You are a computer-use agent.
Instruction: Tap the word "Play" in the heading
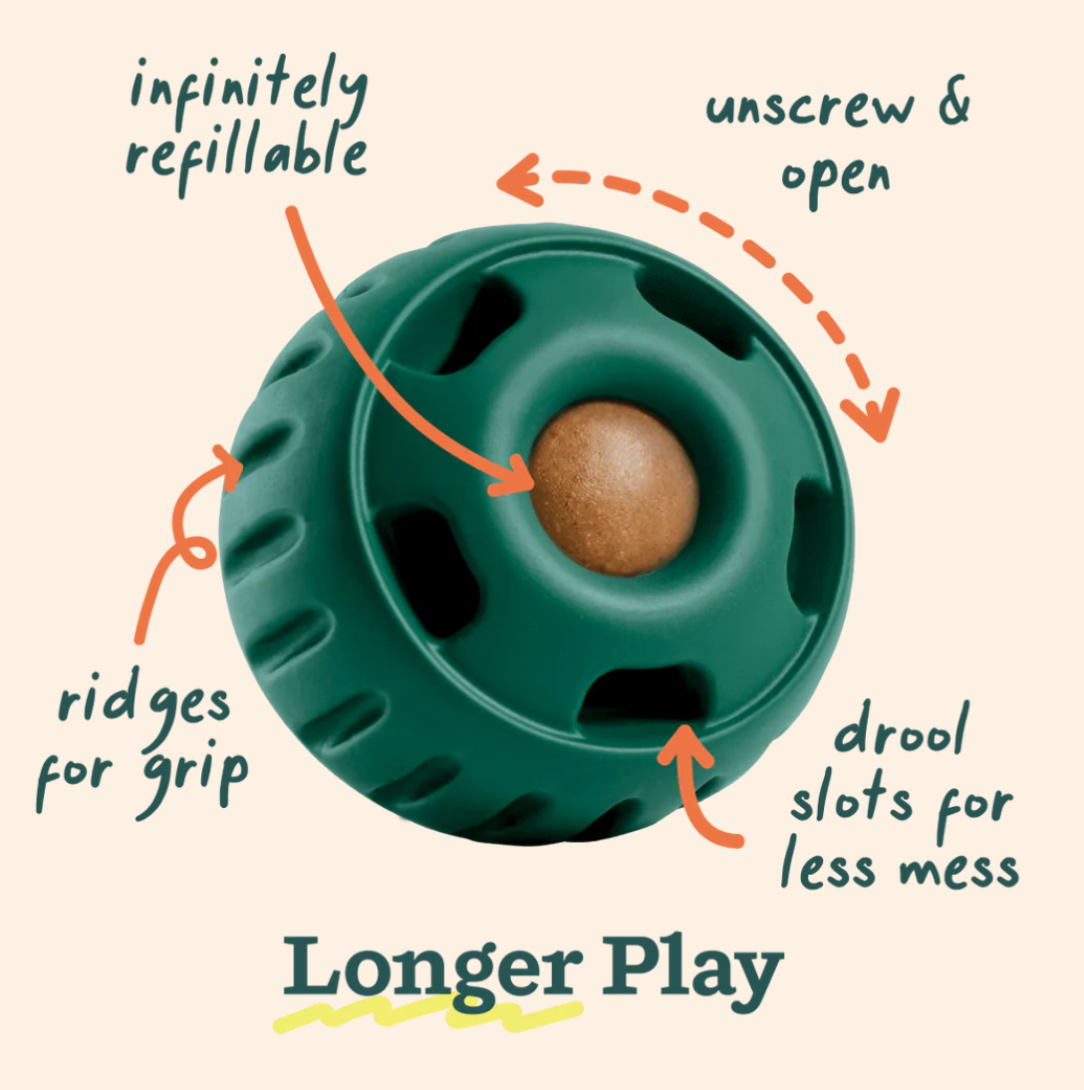[691, 968]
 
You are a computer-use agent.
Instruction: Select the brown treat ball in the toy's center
[613, 487]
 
